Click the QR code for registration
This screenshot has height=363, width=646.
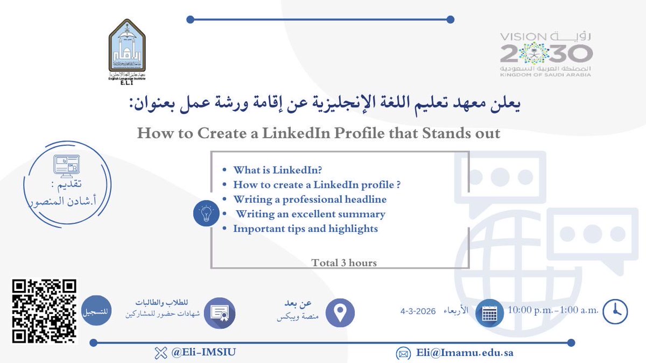tap(44, 311)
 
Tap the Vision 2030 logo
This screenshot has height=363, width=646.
tap(546, 54)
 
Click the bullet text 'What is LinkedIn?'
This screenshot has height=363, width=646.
tap(277, 170)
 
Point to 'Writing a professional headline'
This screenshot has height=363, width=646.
tap(310, 199)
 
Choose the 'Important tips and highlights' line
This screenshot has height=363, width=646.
tap(305, 229)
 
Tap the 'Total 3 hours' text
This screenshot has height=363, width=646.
tap(344, 263)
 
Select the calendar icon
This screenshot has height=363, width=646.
tap(489, 313)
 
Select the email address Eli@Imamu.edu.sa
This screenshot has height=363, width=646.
tap(464, 353)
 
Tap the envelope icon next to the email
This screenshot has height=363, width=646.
tap(403, 354)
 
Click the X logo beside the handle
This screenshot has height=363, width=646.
tap(159, 353)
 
